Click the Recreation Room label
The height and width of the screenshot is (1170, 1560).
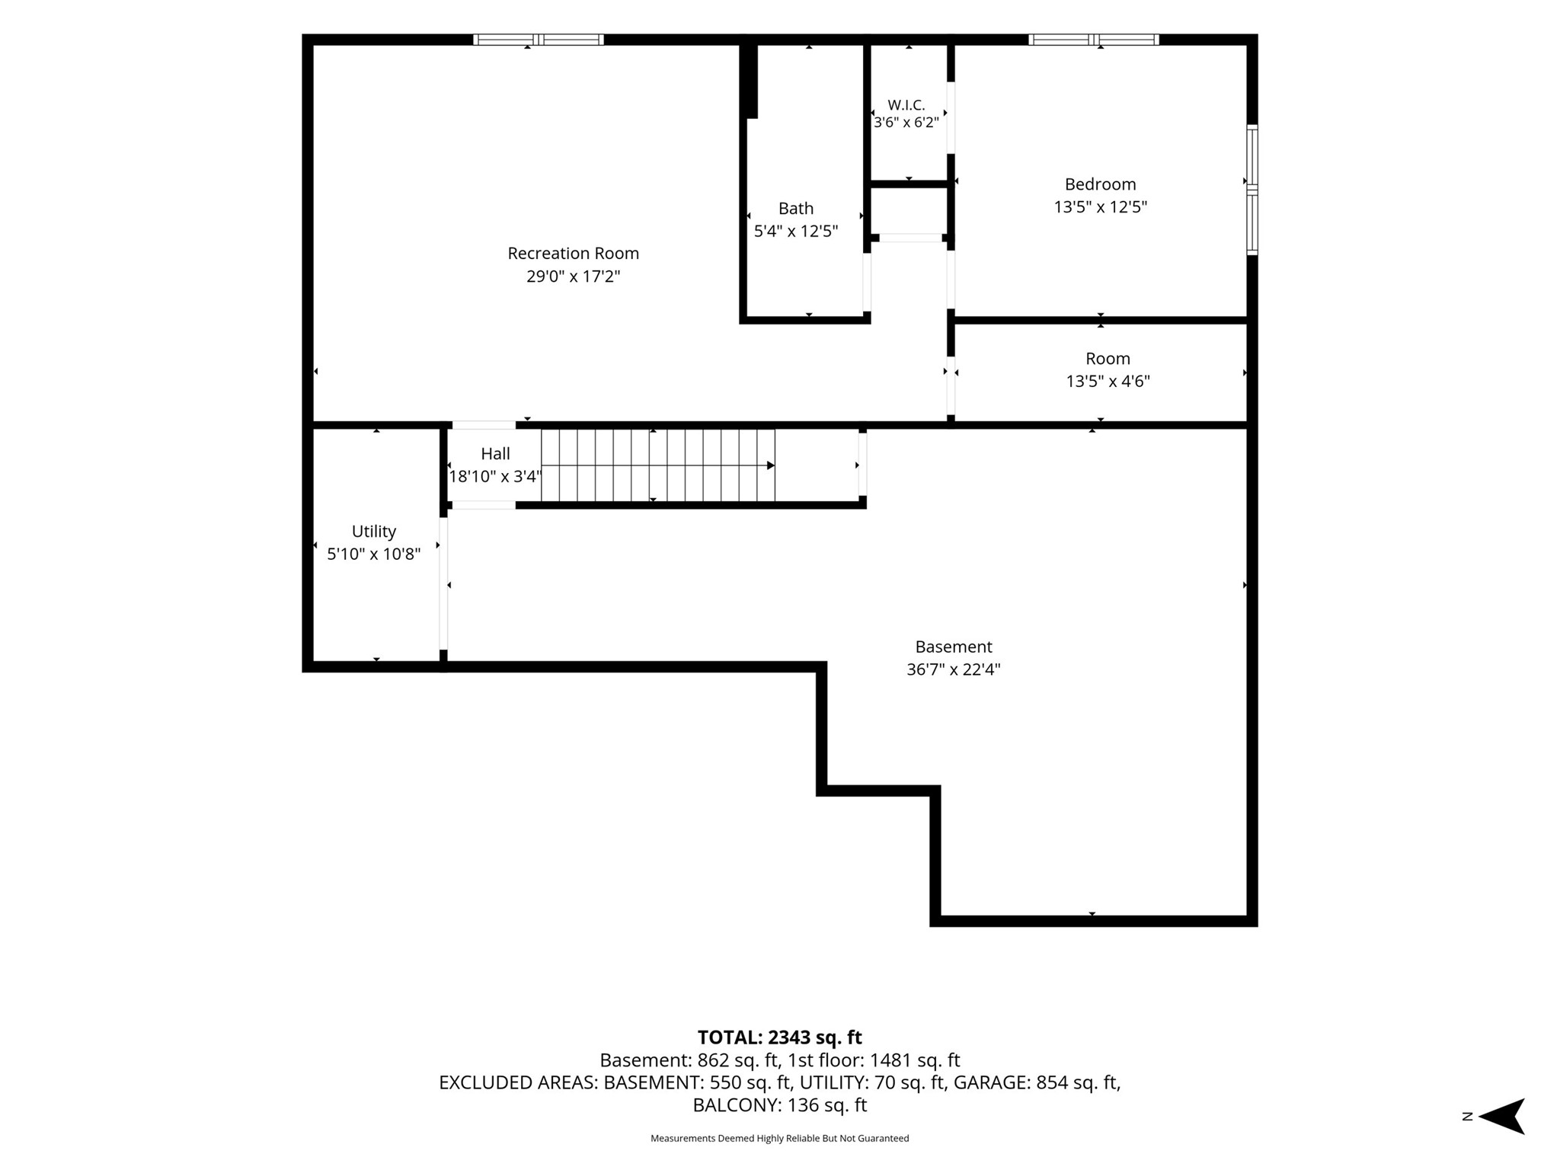pos(573,253)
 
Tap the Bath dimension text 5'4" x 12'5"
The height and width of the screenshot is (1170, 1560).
pos(796,231)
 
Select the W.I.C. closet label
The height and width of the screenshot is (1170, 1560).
pos(906,105)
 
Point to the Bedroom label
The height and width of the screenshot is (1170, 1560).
pos(1100,184)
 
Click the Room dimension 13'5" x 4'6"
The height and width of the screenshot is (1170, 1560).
pos(1108,381)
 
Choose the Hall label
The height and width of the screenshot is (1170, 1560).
pos(495,454)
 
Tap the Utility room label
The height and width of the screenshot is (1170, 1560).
pos(373,532)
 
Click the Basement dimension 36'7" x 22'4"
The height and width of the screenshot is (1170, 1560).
pos(953,670)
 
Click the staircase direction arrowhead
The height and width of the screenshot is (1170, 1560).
pos(771,465)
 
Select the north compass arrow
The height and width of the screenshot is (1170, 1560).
pos(1501,1117)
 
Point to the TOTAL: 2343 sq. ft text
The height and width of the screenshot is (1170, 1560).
pos(779,1037)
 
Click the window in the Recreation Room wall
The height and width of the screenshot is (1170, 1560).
pos(539,40)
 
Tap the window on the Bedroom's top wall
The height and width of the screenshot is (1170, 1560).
pos(1094,40)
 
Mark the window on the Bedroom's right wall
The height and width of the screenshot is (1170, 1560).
pos(1252,189)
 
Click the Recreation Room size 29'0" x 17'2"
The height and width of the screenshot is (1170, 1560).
pos(573,276)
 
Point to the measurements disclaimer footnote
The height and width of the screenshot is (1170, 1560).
pos(779,1138)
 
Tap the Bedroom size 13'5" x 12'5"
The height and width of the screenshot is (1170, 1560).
pos(1100,207)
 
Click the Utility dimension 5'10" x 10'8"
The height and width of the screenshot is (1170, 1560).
pos(373,554)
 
